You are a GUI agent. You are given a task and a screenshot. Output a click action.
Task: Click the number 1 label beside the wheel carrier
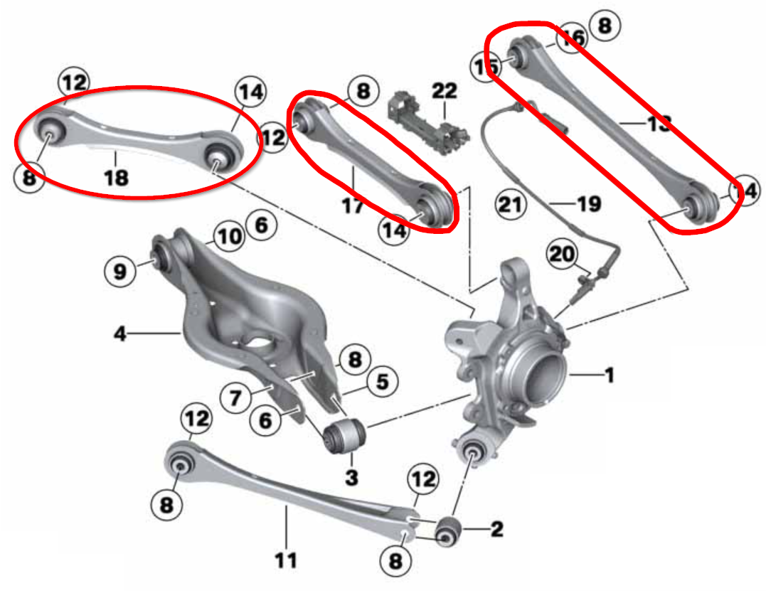[609, 375]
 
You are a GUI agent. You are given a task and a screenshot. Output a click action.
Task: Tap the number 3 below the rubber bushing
[351, 477]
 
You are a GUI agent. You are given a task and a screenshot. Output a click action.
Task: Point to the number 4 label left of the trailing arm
[121, 333]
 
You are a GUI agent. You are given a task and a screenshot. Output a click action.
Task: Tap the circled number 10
[229, 237]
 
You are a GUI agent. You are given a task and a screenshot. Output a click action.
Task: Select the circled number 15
[485, 67]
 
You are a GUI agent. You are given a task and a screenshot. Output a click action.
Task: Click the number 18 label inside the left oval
[116, 176]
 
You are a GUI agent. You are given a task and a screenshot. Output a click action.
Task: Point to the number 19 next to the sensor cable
[589, 205]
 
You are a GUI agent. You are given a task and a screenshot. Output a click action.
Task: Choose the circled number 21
[511, 205]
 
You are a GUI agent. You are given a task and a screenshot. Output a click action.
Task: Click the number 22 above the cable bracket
[445, 91]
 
